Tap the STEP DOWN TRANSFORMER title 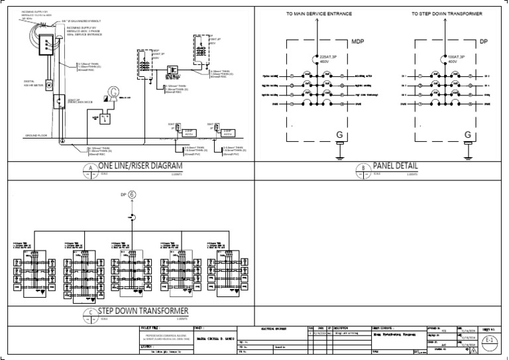[x=144, y=311]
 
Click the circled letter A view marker [x=88, y=168]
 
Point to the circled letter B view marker [x=363, y=168]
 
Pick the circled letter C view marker [x=88, y=314]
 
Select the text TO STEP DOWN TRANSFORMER [x=447, y=13]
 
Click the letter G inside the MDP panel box [x=339, y=135]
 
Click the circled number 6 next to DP [x=131, y=195]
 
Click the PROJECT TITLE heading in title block [x=151, y=328]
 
